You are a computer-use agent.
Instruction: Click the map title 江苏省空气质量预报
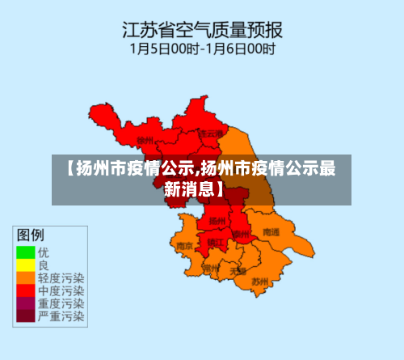(202, 31)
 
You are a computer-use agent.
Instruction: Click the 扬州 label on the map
(217, 220)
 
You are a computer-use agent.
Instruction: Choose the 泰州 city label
(241, 234)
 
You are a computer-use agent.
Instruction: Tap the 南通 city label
(271, 232)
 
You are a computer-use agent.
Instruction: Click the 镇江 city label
(214, 242)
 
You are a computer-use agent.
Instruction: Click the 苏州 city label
(259, 282)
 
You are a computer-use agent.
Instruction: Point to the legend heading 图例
(31, 235)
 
